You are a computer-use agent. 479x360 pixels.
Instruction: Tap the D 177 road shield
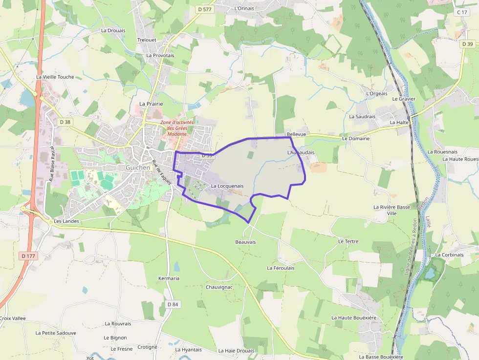[x=28, y=255]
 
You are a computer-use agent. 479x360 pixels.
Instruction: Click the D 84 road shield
[x=173, y=304]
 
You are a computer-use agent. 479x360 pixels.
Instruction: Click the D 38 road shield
[x=64, y=121]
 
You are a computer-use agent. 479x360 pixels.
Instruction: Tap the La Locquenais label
[x=227, y=186]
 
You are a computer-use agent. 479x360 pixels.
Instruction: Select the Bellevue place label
[x=296, y=134]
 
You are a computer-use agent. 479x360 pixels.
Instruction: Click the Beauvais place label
[x=245, y=242]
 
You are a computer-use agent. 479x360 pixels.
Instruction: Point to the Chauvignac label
[x=219, y=287]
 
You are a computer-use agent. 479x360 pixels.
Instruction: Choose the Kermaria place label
[x=169, y=278]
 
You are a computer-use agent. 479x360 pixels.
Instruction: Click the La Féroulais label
[x=280, y=268]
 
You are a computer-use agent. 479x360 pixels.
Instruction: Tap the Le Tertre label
[x=348, y=241]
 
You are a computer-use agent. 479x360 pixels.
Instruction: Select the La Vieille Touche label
[x=55, y=77]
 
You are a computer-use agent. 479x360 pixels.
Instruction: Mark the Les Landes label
[x=66, y=221]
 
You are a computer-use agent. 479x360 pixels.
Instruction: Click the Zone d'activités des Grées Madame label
[x=177, y=128]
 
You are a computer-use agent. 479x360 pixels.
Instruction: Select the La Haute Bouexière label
[x=354, y=318]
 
